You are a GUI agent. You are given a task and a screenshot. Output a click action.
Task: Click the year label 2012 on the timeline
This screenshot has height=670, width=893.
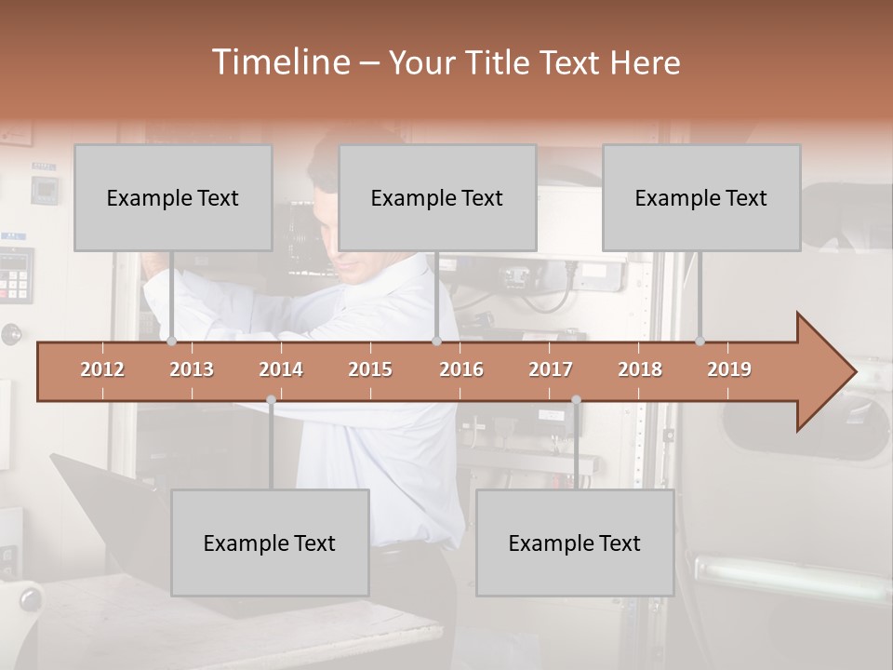pyautogui.click(x=102, y=369)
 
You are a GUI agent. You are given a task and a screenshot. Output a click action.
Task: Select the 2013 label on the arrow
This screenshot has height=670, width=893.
pyautogui.click(x=192, y=369)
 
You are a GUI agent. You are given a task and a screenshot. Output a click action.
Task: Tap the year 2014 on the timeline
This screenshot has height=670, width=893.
pyautogui.click(x=281, y=369)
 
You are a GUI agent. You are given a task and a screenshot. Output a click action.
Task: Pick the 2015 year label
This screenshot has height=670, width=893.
pyautogui.click(x=370, y=369)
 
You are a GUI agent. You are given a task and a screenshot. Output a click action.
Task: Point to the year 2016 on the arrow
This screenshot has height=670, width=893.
pyautogui.click(x=461, y=369)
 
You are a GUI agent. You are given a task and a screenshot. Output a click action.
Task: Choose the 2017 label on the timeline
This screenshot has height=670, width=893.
pyautogui.click(x=551, y=369)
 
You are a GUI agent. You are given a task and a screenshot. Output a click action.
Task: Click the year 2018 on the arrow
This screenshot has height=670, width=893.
pyautogui.click(x=640, y=369)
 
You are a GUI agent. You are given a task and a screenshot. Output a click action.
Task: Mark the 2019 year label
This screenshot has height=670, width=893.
pyautogui.click(x=729, y=369)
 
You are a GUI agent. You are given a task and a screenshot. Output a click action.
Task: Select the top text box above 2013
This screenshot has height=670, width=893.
pyautogui.click(x=173, y=197)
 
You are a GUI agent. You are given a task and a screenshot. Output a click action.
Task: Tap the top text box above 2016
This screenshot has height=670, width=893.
pyautogui.click(x=437, y=197)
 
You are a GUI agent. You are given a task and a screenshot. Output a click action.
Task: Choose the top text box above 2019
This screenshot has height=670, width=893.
pyautogui.click(x=701, y=197)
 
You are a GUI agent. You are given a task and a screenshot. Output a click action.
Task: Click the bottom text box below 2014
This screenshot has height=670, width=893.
pyautogui.click(x=270, y=543)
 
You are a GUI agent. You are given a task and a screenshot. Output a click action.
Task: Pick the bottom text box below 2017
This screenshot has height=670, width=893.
pyautogui.click(x=575, y=543)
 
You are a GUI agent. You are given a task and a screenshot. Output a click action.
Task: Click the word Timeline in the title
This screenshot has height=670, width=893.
pyautogui.click(x=279, y=61)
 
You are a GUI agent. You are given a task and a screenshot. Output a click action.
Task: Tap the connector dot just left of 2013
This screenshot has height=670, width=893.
pyautogui.click(x=172, y=341)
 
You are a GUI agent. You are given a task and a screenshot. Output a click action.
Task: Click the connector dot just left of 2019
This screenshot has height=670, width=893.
pyautogui.click(x=700, y=341)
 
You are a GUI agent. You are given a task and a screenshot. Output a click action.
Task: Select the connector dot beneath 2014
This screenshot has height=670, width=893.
pyautogui.click(x=271, y=400)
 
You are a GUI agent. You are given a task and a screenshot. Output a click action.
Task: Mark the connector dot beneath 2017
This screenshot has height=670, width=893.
pyautogui.click(x=576, y=400)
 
